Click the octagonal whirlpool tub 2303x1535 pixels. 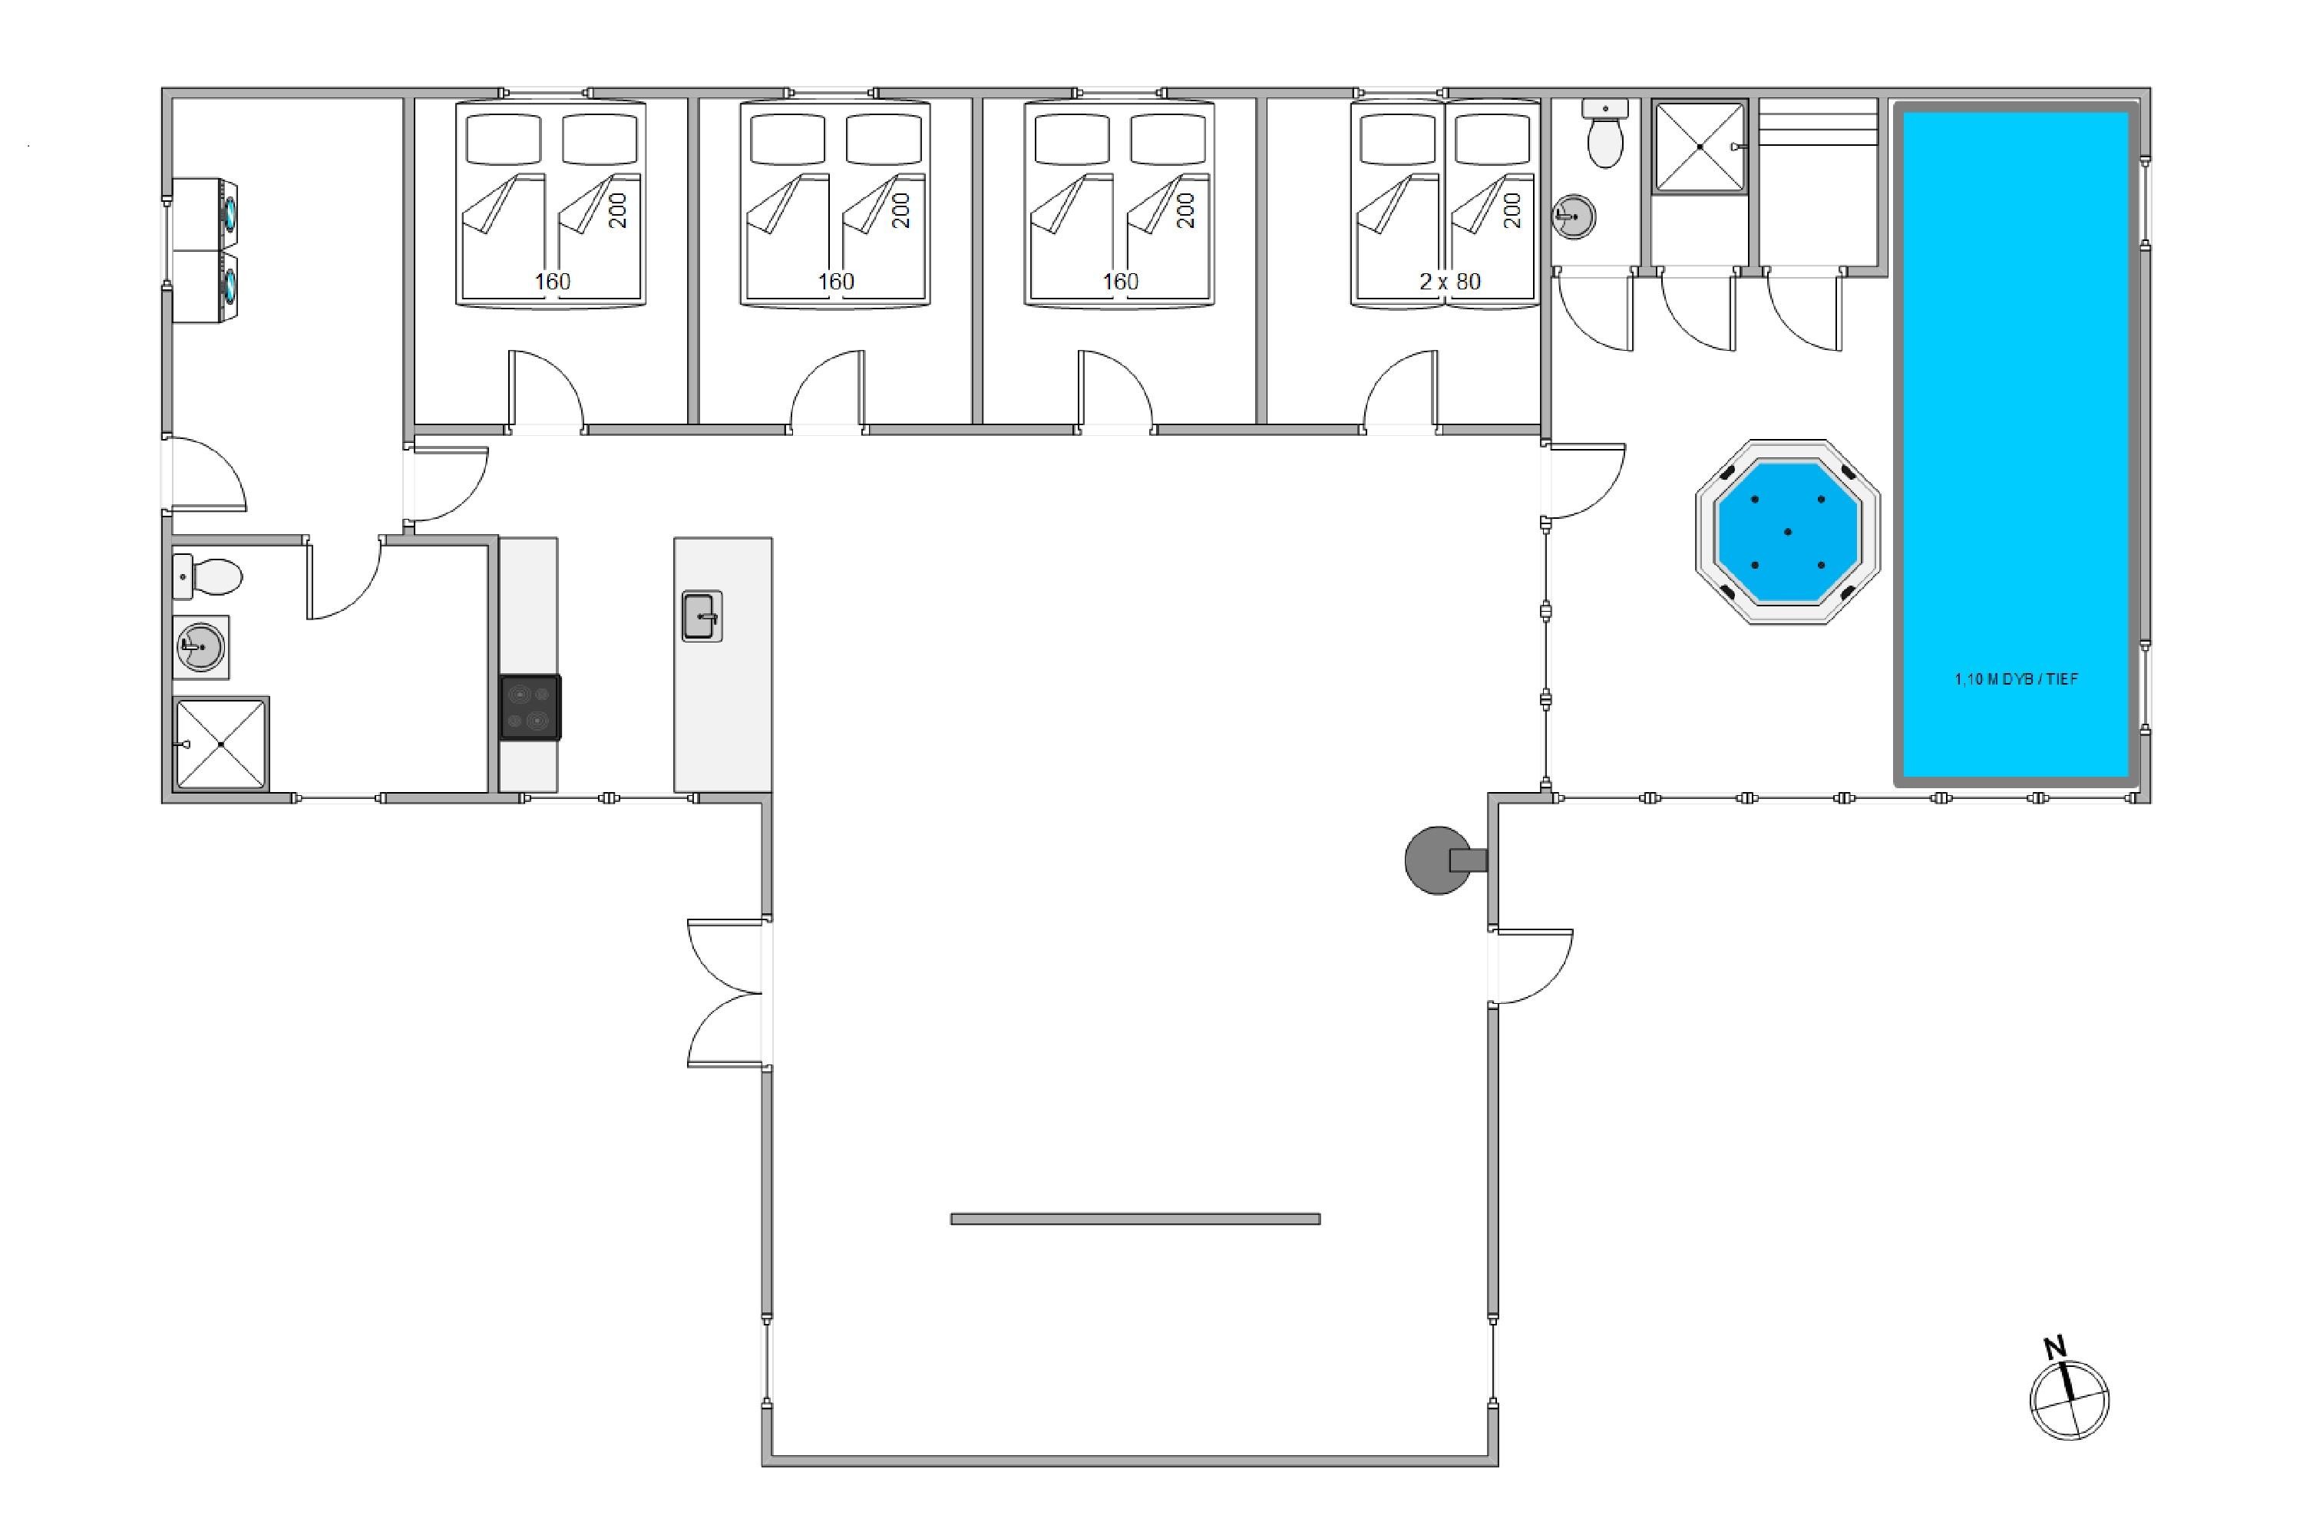click(1787, 532)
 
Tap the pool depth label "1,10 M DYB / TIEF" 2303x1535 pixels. click(2016, 679)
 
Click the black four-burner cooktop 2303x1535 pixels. click(530, 707)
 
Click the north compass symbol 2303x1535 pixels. click(2069, 1400)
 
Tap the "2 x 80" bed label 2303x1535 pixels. click(1450, 282)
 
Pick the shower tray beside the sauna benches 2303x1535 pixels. click(1700, 146)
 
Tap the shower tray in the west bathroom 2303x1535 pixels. click(220, 744)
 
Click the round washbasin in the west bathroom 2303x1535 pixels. click(200, 647)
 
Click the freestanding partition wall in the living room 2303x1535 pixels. click(1135, 1219)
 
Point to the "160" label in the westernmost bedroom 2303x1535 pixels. click(552, 282)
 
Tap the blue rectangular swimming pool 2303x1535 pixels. click(2016, 444)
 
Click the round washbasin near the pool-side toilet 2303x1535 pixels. click(1574, 216)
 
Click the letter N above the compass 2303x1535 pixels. click(2054, 1347)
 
